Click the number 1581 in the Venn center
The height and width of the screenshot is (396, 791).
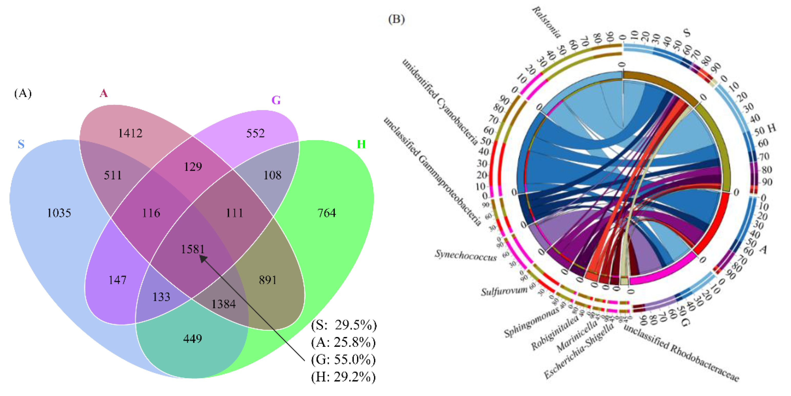click(193, 249)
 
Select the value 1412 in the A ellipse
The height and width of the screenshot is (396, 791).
click(130, 133)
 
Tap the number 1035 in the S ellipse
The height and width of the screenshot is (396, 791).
click(59, 213)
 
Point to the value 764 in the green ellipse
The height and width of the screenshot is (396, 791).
click(327, 213)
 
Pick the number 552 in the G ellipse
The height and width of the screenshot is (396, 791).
click(255, 133)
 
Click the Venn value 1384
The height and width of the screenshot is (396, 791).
click(224, 304)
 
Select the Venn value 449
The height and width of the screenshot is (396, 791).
click(193, 339)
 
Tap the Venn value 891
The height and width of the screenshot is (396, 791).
click(267, 280)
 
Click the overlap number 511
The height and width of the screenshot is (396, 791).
click(113, 175)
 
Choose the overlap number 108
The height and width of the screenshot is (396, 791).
click(272, 175)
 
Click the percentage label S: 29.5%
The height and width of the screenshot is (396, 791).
click(344, 325)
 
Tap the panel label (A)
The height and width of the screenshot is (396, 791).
click(23, 93)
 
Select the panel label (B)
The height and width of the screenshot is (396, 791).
click(396, 19)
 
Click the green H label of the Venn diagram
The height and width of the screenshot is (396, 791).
click(361, 144)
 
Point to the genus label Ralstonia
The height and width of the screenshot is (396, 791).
click(546, 22)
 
